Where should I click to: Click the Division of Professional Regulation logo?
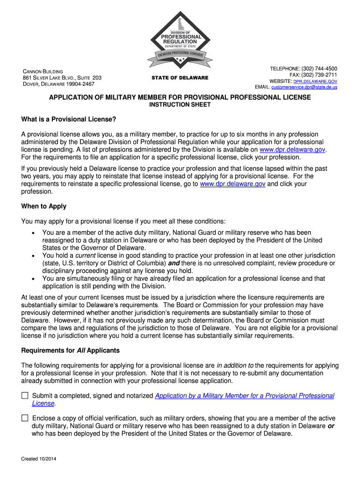[x=180, y=42]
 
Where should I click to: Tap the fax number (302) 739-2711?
[x=320, y=75]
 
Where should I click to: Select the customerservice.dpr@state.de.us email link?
[x=304, y=87]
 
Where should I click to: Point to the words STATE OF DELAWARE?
[x=180, y=78]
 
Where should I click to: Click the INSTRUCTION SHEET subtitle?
[x=180, y=105]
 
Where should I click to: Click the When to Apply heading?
[x=44, y=206]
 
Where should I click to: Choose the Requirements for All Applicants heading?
[x=71, y=350]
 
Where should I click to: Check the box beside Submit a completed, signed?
[x=25, y=396]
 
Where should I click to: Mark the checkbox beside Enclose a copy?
[x=25, y=419]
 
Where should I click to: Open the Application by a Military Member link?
[x=245, y=396]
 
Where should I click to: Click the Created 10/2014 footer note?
[x=39, y=459]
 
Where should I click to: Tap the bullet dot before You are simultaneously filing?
[x=32, y=279]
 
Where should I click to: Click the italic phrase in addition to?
[x=235, y=365]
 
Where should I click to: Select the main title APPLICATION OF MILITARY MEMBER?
[x=180, y=97]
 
